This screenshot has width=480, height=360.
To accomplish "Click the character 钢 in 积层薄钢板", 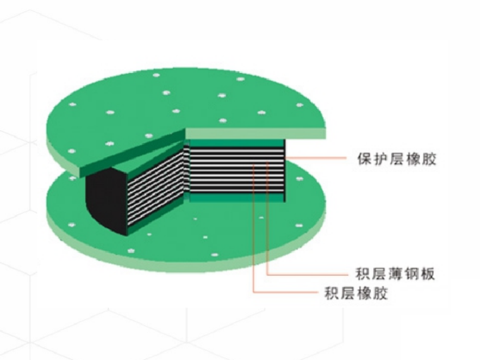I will click(x=412, y=275).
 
